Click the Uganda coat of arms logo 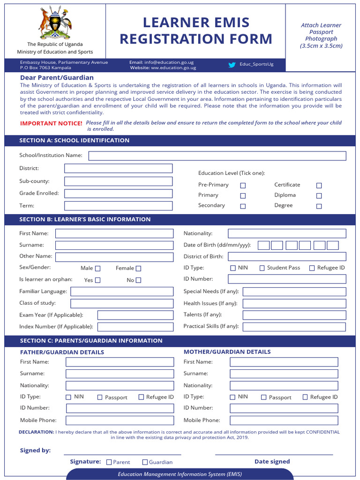[x=55, y=23]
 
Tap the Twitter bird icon [x=232, y=65]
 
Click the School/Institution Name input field [x=217, y=156]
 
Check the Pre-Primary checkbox [x=243, y=185]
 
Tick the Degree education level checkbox [x=319, y=206]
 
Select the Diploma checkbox [x=319, y=195]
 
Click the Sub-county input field [x=118, y=181]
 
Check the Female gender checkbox [x=138, y=269]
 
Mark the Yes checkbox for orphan [x=97, y=280]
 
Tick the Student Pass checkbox [x=262, y=268]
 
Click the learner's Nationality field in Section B [x=287, y=233]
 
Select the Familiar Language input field [x=122, y=292]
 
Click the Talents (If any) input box [x=294, y=315]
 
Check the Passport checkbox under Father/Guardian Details [x=100, y=397]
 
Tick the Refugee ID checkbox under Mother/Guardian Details [x=305, y=397]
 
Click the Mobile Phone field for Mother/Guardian [x=284, y=420]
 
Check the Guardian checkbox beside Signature [x=145, y=462]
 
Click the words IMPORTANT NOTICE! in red [x=51, y=123]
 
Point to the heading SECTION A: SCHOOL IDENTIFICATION [x=75, y=140]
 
